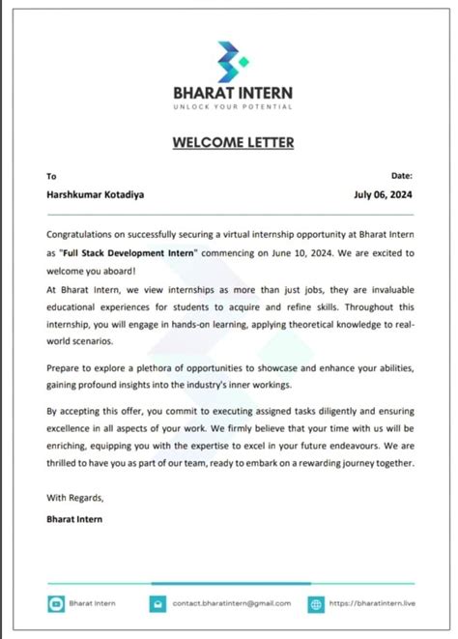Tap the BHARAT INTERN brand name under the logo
coord(232,94)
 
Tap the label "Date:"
coord(402,175)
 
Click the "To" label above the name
coord(51,176)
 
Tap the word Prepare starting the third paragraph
coord(64,369)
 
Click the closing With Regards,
coord(73,497)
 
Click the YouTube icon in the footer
coord(55,603)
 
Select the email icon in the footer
coord(156,603)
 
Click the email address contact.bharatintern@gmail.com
coord(232,603)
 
